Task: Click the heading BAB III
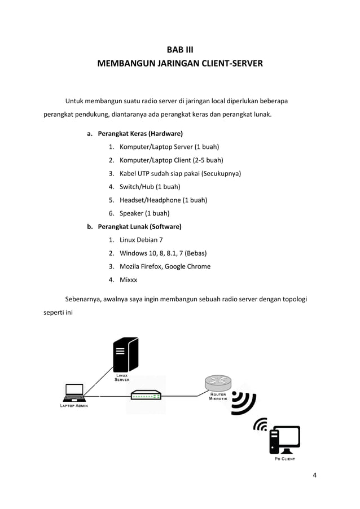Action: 180,50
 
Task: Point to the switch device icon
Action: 146,396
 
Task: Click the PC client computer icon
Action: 284,440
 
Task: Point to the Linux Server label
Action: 122,378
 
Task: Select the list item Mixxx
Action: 128,280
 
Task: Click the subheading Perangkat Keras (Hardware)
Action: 140,134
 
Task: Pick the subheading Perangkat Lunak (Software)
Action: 139,226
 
